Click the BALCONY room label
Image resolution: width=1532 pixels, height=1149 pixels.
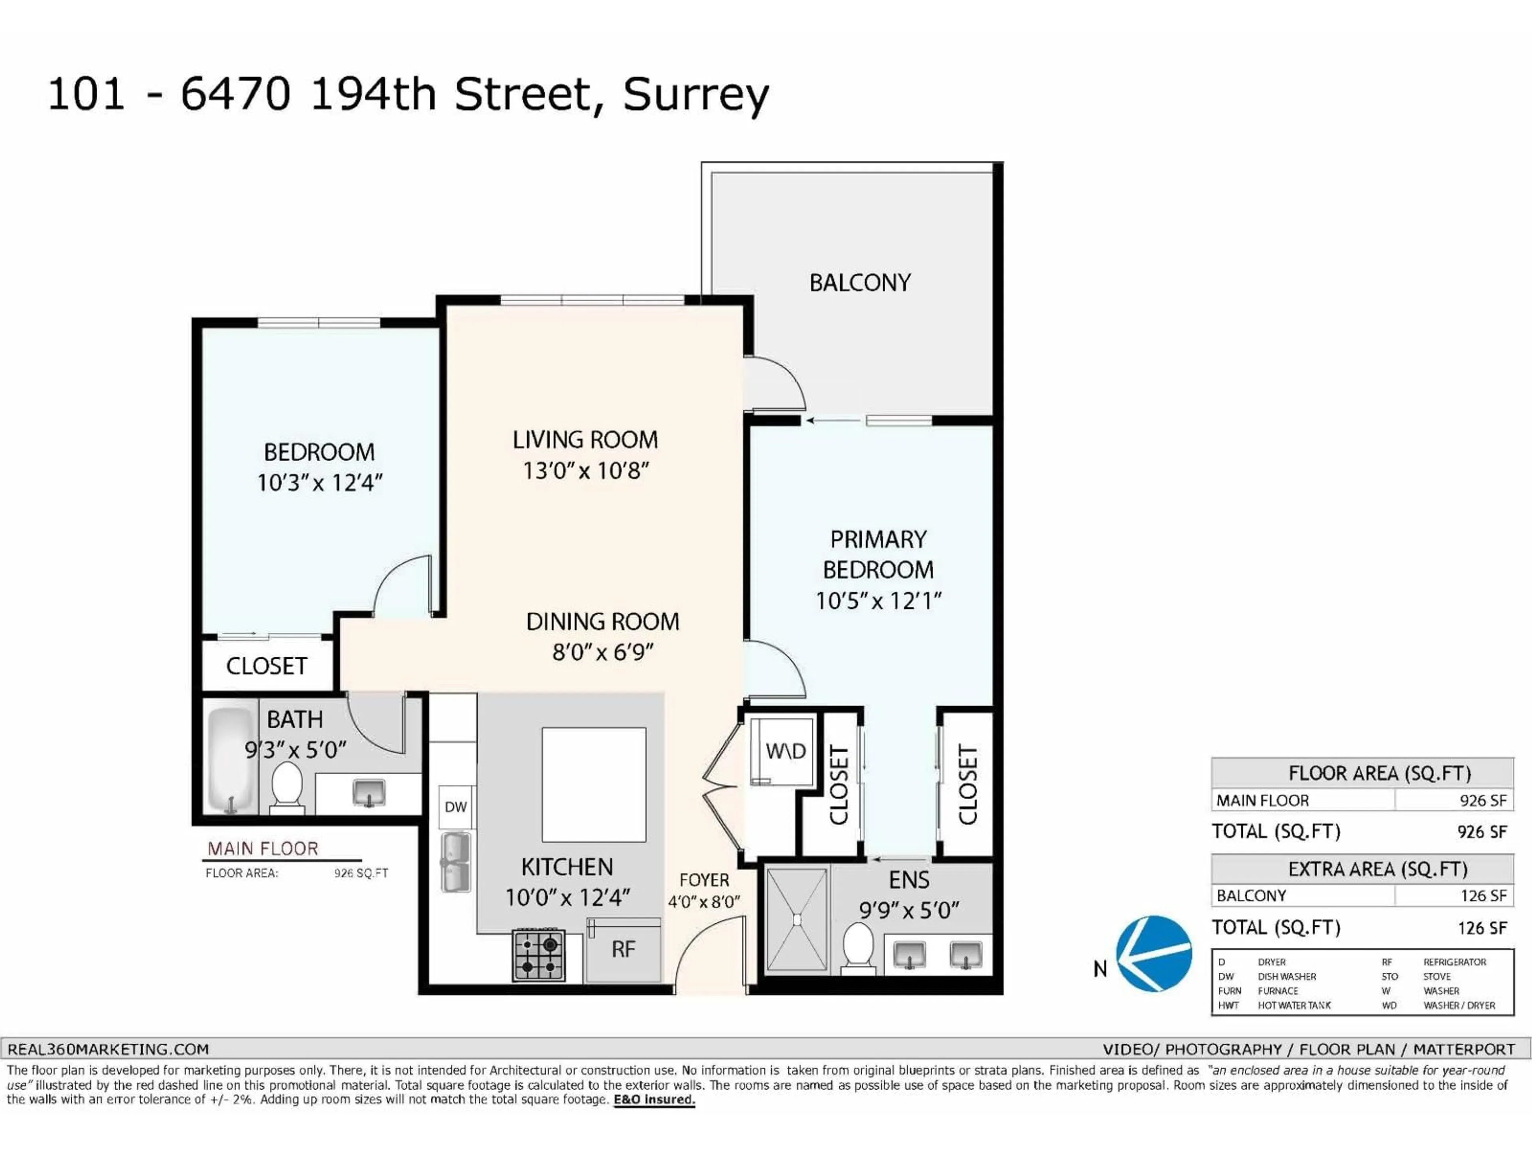tap(859, 282)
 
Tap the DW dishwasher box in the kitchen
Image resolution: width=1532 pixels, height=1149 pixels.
tap(456, 806)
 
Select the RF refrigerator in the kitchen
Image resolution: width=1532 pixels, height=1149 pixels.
tap(623, 950)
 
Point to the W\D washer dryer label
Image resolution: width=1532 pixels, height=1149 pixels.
tap(786, 751)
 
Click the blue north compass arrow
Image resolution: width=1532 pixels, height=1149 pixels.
tap(1153, 954)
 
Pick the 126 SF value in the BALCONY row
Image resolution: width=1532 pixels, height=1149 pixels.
tap(1483, 896)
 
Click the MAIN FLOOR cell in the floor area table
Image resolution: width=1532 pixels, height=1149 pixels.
tap(1263, 801)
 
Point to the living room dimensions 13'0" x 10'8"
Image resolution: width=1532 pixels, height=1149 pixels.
tap(585, 471)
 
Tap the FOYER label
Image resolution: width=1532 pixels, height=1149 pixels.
tap(704, 880)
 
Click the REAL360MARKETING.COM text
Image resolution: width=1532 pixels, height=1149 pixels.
tap(108, 1049)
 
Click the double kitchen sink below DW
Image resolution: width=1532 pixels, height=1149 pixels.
tap(456, 862)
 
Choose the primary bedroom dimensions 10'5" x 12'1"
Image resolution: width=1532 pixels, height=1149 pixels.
tap(878, 600)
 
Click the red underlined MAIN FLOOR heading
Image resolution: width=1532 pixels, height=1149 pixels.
tap(263, 849)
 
